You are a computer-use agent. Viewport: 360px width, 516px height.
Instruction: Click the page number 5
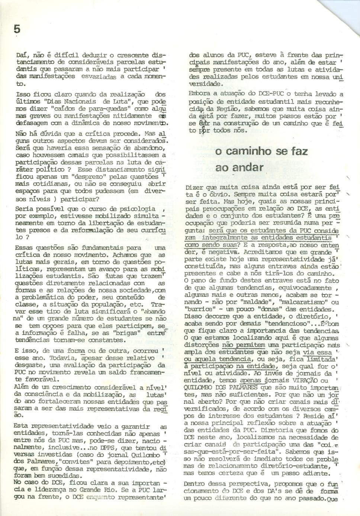coord(17,29)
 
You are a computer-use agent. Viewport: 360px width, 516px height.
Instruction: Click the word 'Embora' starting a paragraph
coord(199,94)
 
